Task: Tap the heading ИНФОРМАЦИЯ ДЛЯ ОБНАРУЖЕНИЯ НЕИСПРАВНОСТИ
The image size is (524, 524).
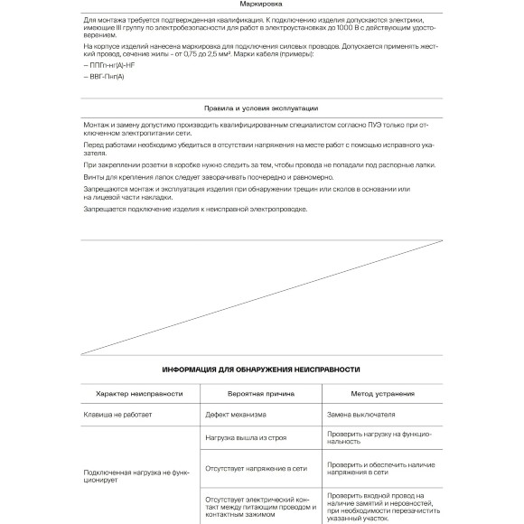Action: tap(261, 369)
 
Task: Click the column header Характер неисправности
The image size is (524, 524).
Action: tap(138, 394)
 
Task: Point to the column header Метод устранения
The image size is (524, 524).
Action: tap(382, 394)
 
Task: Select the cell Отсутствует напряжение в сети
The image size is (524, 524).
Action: tap(257, 469)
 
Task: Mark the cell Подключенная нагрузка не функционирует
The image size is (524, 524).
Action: tap(136, 475)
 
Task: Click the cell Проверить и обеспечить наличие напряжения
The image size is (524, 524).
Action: tap(380, 469)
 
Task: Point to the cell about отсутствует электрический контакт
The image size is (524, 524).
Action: tap(257, 505)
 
